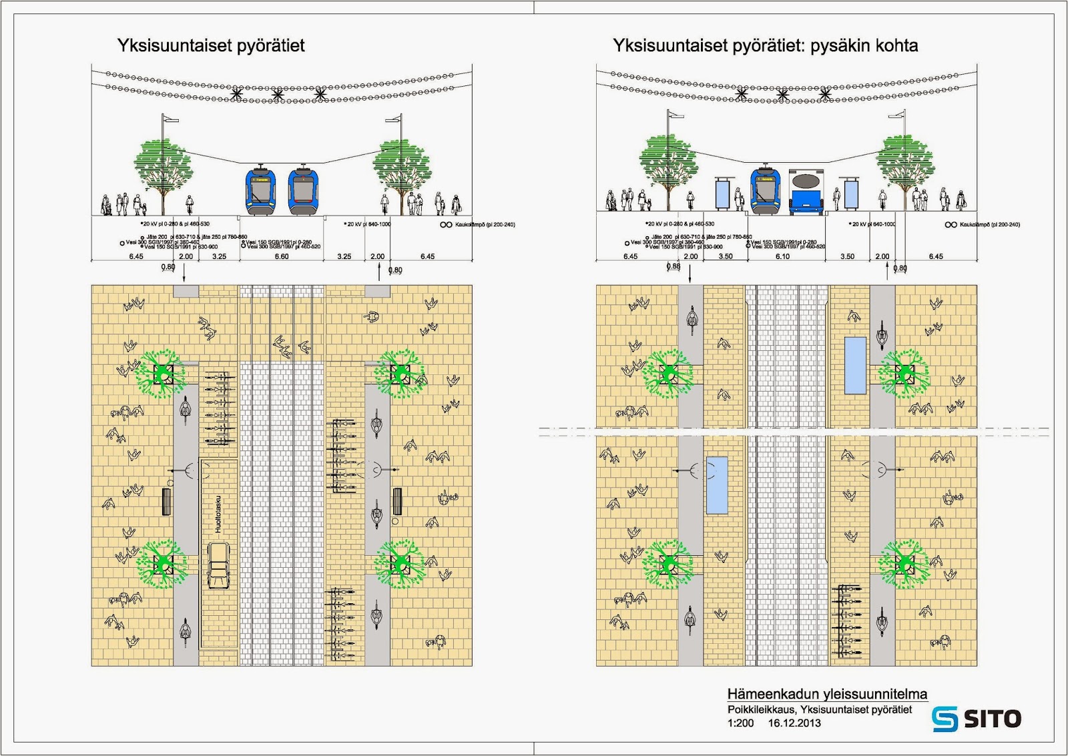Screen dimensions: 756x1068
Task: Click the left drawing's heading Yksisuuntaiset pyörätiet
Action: pos(211,45)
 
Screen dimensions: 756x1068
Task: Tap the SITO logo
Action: pos(977,718)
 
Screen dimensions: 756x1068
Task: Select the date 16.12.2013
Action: pos(794,723)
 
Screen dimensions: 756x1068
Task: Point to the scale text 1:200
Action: pos(740,723)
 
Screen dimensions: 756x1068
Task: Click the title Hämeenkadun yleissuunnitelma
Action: pos(827,694)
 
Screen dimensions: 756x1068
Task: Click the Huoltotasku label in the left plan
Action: pos(218,514)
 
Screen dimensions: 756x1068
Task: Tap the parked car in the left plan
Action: pos(218,564)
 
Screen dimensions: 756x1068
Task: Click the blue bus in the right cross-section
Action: pos(806,192)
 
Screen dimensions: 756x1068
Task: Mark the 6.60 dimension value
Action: pos(282,256)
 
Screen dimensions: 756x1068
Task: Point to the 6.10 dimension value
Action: pos(782,256)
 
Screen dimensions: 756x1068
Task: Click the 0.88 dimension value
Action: pos(674,267)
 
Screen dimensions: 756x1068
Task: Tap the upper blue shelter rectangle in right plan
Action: pos(855,365)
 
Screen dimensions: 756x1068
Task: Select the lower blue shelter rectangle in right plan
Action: pos(717,485)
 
